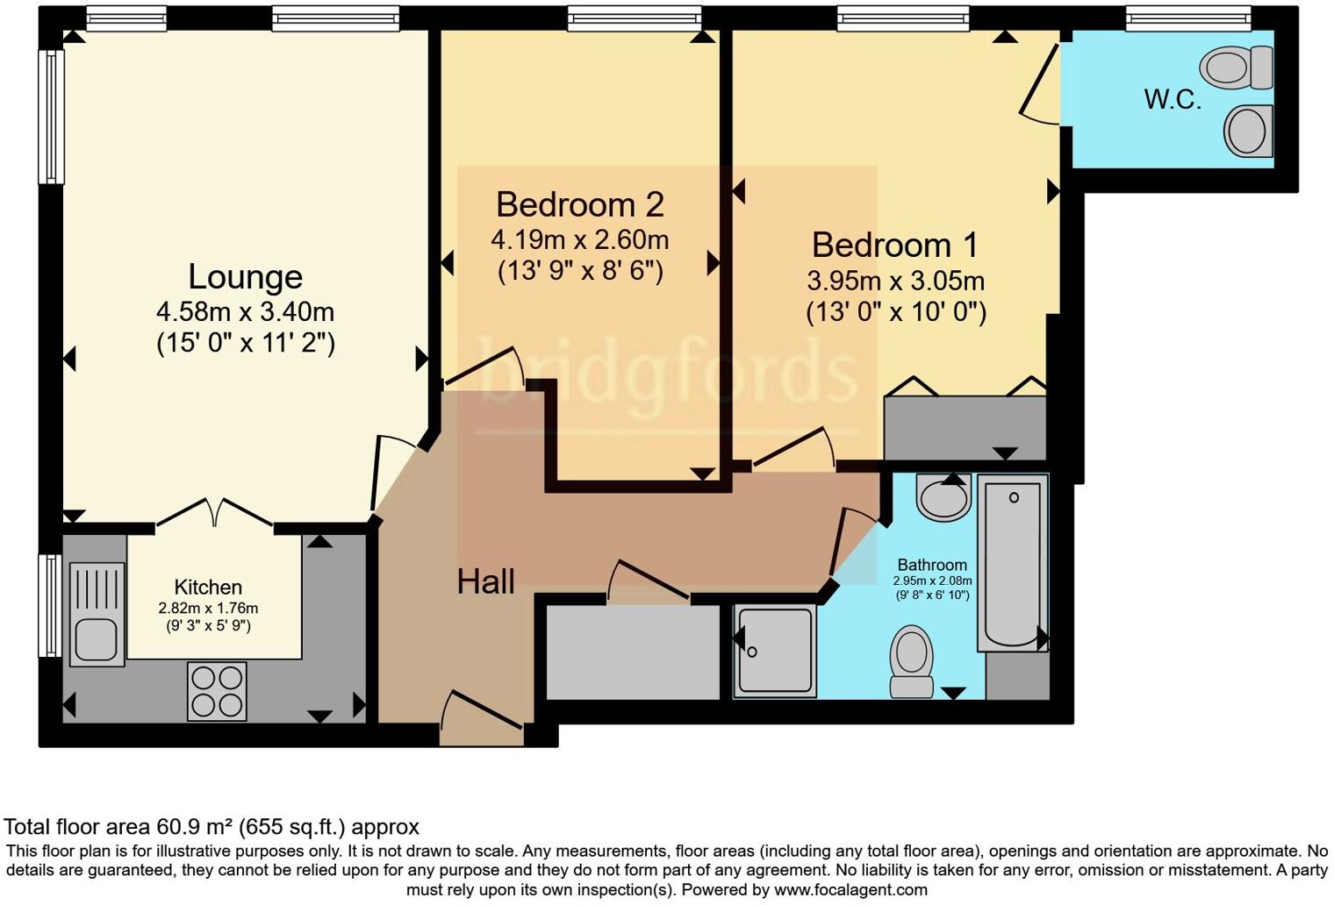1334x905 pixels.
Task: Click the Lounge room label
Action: pos(245,277)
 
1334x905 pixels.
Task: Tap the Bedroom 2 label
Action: pos(579,204)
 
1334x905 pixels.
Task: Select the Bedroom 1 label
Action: pos(894,245)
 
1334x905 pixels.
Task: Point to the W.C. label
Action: pos(1173,100)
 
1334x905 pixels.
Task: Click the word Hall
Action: pos(485,581)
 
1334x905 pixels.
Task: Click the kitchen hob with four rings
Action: pos(217,691)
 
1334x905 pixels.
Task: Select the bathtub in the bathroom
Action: pos(1013,562)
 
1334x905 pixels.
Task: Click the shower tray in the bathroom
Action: pos(776,652)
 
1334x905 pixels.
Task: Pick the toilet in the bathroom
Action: pos(912,660)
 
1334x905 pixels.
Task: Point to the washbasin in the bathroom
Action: pos(943,497)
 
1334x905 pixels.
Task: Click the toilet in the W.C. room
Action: pos(1237,67)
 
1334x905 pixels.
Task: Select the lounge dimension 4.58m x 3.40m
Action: pos(245,311)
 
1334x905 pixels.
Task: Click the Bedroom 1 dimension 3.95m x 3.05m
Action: pos(895,281)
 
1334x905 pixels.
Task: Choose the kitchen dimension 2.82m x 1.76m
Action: pos(208,608)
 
